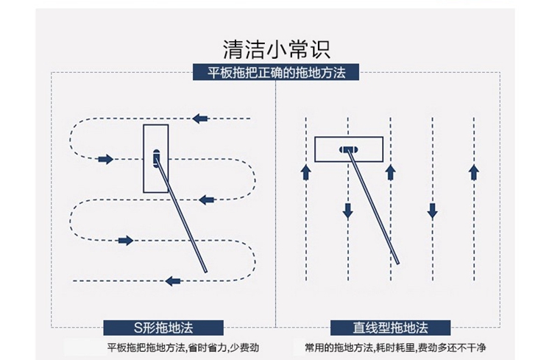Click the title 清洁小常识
(x=276, y=49)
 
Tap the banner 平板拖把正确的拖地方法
(x=276, y=73)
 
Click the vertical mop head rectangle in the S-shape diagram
(x=155, y=158)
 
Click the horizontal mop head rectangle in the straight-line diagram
(x=348, y=149)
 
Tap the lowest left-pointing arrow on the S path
(x=174, y=280)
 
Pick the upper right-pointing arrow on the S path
(x=105, y=159)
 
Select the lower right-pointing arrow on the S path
(x=125, y=240)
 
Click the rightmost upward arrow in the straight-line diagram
(x=474, y=172)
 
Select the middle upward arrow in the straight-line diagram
(x=390, y=172)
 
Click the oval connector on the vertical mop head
(x=155, y=158)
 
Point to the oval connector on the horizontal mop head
(x=348, y=149)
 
